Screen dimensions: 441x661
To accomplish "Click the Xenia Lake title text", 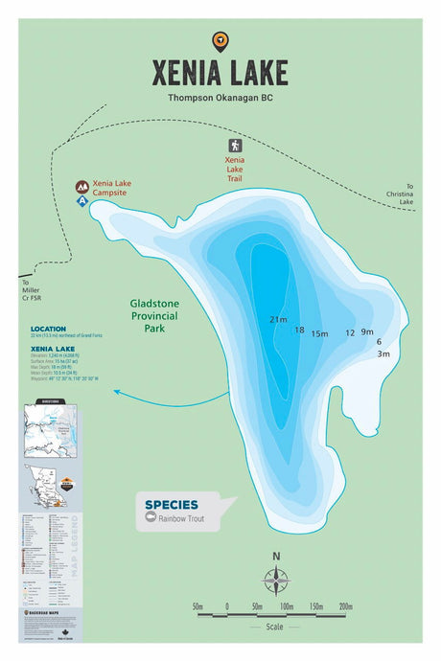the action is tap(220, 73).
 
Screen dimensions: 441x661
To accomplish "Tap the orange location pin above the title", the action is tap(220, 40).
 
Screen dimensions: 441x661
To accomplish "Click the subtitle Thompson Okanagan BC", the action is tap(220, 97).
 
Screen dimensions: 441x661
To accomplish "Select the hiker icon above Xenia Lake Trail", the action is tap(235, 146).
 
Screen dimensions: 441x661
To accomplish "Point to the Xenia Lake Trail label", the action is tap(235, 169).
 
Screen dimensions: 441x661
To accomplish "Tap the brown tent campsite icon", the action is tap(83, 186).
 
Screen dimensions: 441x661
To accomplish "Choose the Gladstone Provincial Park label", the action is tap(154, 316).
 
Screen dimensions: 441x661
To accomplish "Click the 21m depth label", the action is tap(278, 320).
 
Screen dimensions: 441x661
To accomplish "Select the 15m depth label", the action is tap(319, 334).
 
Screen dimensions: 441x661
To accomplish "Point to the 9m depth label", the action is tap(367, 331).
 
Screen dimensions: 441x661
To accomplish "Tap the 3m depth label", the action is tap(383, 354).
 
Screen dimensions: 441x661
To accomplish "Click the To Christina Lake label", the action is tap(407, 194).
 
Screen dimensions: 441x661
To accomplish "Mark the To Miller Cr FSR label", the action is tap(32, 290).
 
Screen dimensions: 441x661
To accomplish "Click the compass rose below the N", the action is tap(276, 581).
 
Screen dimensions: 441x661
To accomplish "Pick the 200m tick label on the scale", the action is tap(346, 606).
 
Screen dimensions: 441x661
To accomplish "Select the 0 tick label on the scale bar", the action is tap(227, 606).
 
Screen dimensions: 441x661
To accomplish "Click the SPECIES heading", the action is tap(172, 504).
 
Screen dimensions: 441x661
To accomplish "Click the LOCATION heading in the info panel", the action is tap(48, 329).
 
